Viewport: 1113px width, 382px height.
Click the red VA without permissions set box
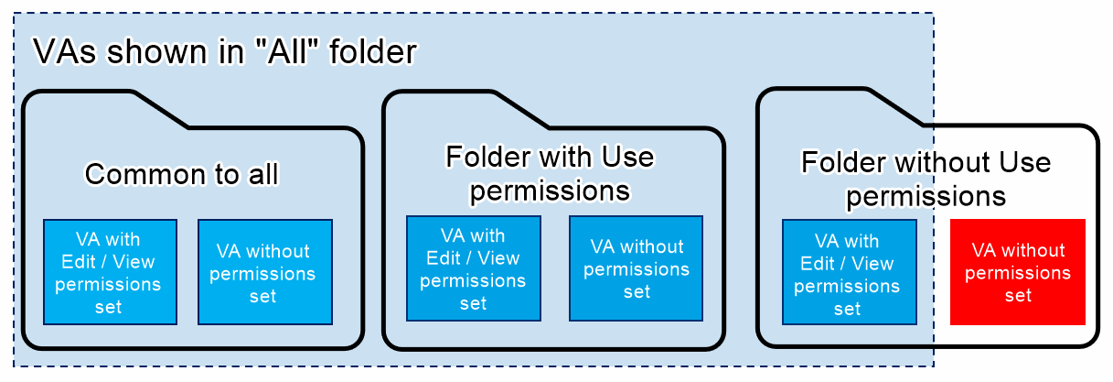(x=1018, y=272)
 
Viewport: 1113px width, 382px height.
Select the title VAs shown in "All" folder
(x=225, y=51)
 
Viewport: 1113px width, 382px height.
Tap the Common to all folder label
(x=182, y=173)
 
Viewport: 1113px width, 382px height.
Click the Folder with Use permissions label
(x=550, y=173)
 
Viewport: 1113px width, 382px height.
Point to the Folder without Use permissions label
(x=926, y=179)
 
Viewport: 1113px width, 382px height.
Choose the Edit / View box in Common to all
(x=110, y=272)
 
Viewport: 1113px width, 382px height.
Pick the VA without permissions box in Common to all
(x=265, y=272)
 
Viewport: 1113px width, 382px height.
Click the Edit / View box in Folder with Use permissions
(x=474, y=268)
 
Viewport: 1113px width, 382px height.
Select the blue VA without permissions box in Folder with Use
(x=636, y=268)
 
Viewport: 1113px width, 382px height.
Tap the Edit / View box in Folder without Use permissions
(x=850, y=272)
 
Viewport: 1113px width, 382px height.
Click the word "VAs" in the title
(x=65, y=51)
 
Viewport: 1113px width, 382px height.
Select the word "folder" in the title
(x=373, y=51)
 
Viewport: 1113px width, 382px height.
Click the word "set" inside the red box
(x=1018, y=296)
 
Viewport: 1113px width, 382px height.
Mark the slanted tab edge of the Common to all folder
(x=160, y=109)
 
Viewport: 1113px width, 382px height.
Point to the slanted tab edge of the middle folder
(x=520, y=109)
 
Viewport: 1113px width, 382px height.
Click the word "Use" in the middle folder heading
(x=627, y=157)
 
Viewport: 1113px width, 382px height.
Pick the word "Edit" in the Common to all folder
(x=79, y=262)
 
